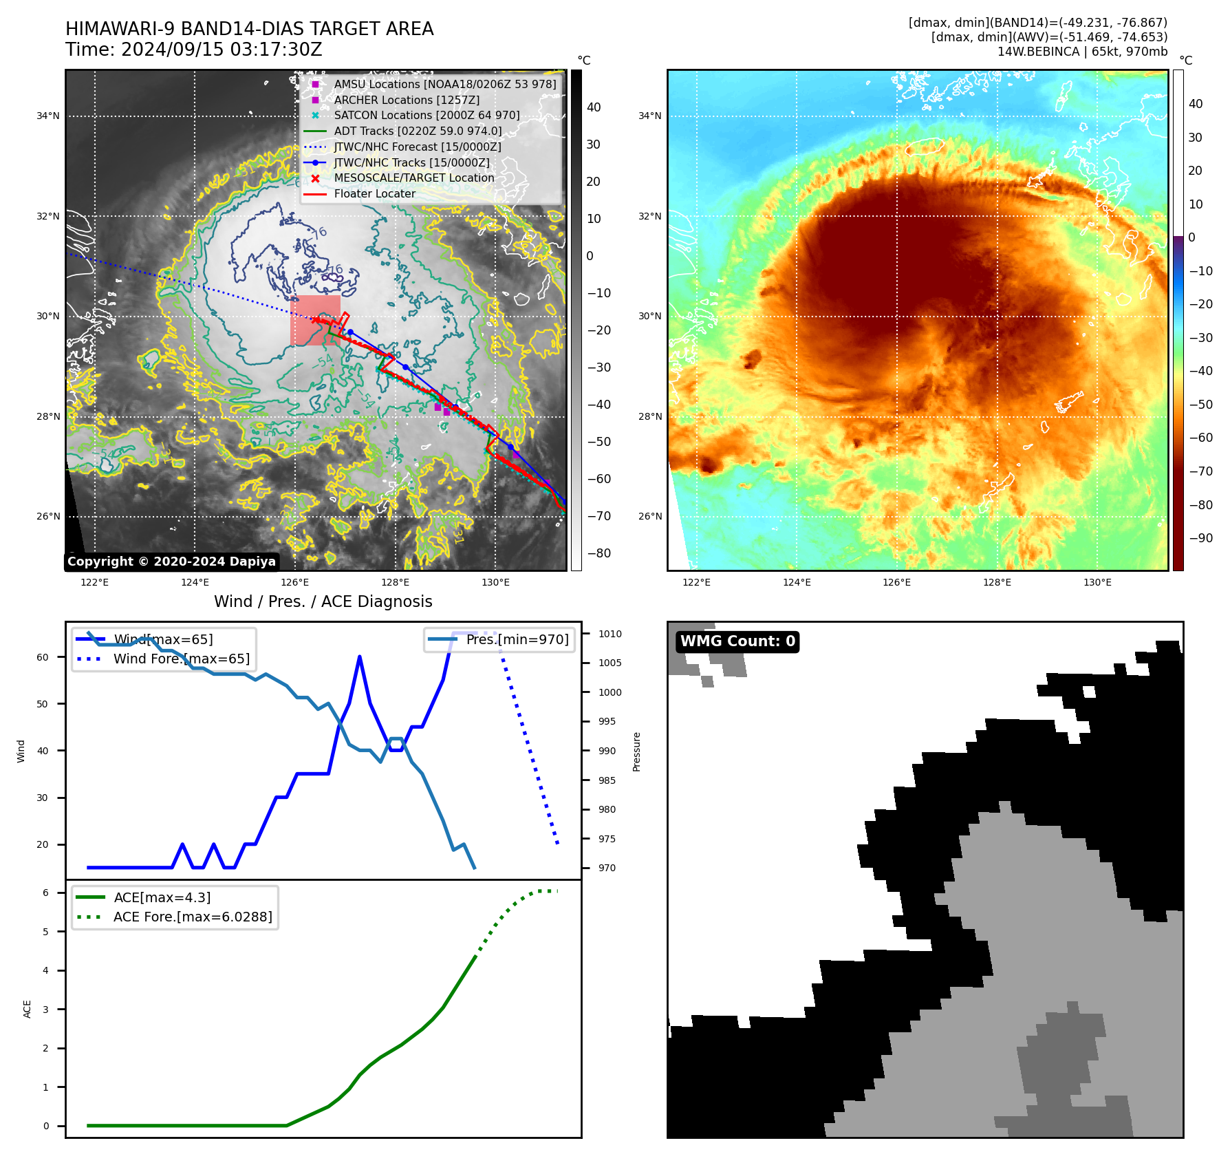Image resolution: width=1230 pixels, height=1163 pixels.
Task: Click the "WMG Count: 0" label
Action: (x=737, y=641)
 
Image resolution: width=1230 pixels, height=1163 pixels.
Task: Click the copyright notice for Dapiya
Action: (x=171, y=562)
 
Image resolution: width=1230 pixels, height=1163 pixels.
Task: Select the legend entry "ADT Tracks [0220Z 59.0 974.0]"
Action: (x=418, y=131)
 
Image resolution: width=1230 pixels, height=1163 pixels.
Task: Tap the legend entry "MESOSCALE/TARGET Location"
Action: (x=413, y=178)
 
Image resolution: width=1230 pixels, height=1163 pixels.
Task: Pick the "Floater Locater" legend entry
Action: (x=374, y=193)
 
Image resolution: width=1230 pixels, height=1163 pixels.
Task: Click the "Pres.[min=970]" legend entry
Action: (x=517, y=639)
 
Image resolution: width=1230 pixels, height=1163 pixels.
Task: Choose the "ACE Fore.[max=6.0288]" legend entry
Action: (x=193, y=917)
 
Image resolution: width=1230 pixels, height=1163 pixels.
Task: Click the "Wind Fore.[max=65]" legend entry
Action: (x=182, y=659)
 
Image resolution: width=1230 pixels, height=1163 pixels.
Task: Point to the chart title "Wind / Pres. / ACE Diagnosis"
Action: (x=323, y=601)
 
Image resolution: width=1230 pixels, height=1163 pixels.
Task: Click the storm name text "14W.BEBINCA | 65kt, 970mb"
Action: (x=1082, y=52)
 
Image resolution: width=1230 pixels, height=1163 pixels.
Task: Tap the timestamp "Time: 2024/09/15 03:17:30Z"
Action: (x=194, y=50)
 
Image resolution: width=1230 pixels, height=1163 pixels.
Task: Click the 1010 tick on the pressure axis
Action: (x=609, y=634)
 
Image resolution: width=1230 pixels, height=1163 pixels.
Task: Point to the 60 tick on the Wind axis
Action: (x=43, y=657)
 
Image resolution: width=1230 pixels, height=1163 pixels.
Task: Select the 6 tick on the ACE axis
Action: (x=45, y=893)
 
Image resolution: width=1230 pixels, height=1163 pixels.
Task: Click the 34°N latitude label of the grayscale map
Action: (x=48, y=116)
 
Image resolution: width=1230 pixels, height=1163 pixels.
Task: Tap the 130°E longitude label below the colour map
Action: (x=1097, y=582)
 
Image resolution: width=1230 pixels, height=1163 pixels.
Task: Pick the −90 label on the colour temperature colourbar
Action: (x=1200, y=538)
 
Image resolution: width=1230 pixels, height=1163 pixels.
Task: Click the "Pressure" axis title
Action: (x=637, y=751)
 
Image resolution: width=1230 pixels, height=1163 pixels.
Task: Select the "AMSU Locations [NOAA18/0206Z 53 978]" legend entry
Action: (x=444, y=84)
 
